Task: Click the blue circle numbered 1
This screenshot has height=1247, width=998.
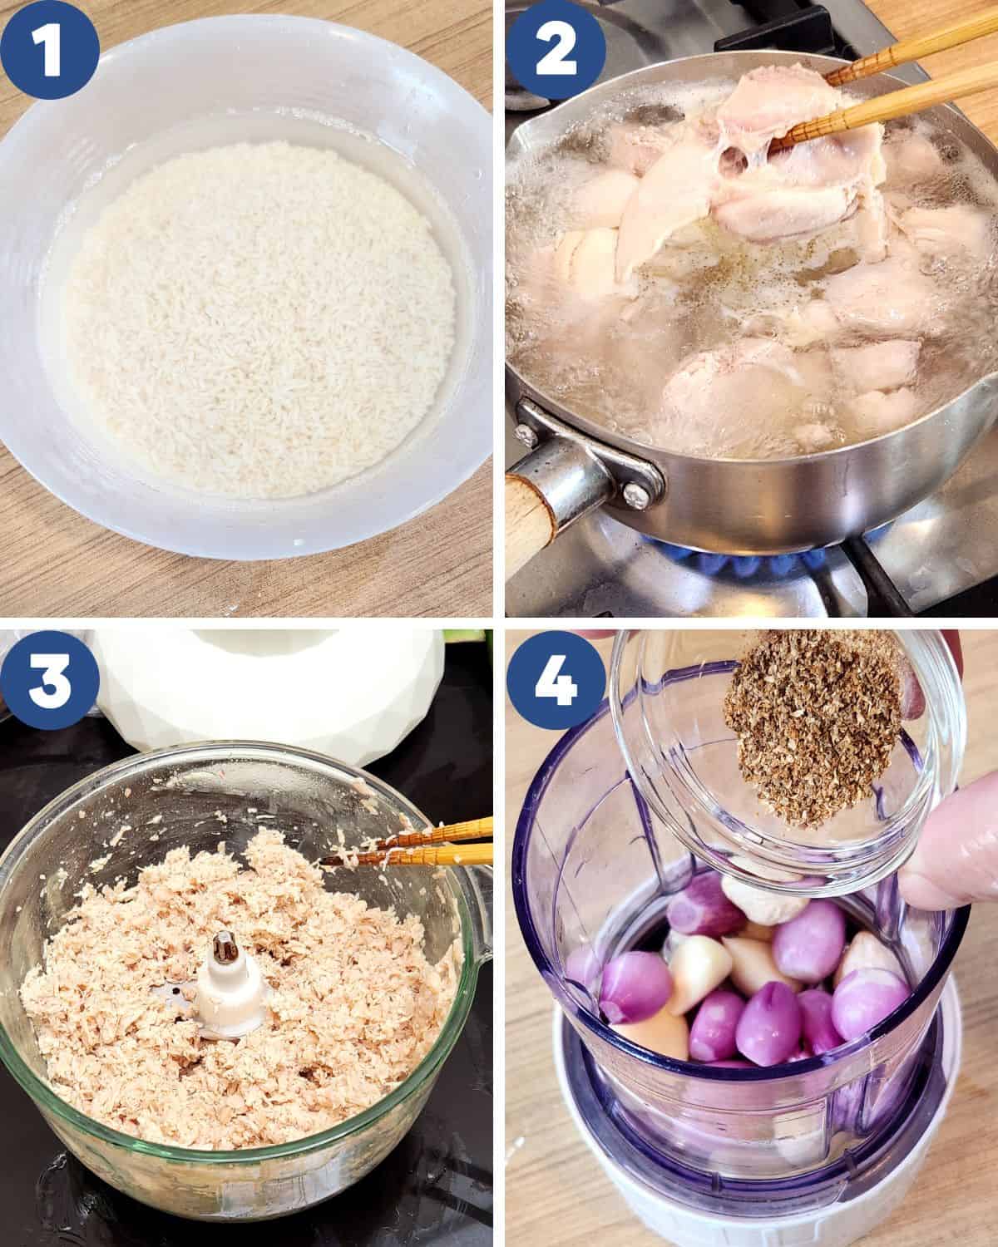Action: [50, 50]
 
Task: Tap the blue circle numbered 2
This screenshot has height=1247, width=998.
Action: [556, 50]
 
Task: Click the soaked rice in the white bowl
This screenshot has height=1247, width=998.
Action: [261, 318]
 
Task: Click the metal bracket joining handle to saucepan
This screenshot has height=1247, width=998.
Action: [591, 452]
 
